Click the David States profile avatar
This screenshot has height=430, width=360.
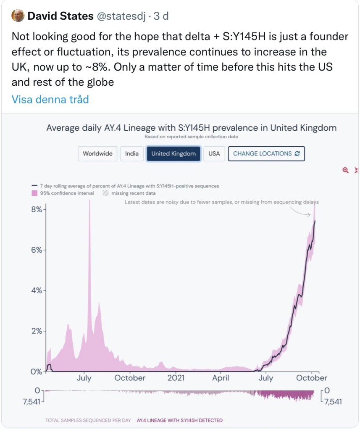18,16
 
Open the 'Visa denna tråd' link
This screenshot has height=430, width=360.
50,99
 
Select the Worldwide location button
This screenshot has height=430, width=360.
97,153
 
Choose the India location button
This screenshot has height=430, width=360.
132,153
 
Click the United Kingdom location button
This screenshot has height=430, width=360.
173,153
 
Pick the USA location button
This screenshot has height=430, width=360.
214,153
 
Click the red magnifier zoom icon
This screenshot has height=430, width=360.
345,170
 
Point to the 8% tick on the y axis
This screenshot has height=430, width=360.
36,209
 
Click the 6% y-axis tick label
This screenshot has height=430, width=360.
36,250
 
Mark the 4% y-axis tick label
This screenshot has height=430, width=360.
36,290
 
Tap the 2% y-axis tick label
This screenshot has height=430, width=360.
36,331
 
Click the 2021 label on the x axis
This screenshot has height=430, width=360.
176,378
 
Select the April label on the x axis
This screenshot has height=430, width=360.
221,378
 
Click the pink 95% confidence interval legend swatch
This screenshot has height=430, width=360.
34,193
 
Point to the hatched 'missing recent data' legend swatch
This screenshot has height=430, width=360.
105,193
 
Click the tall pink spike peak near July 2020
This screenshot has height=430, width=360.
89,202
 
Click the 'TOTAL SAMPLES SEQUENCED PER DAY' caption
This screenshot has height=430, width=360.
88,420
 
